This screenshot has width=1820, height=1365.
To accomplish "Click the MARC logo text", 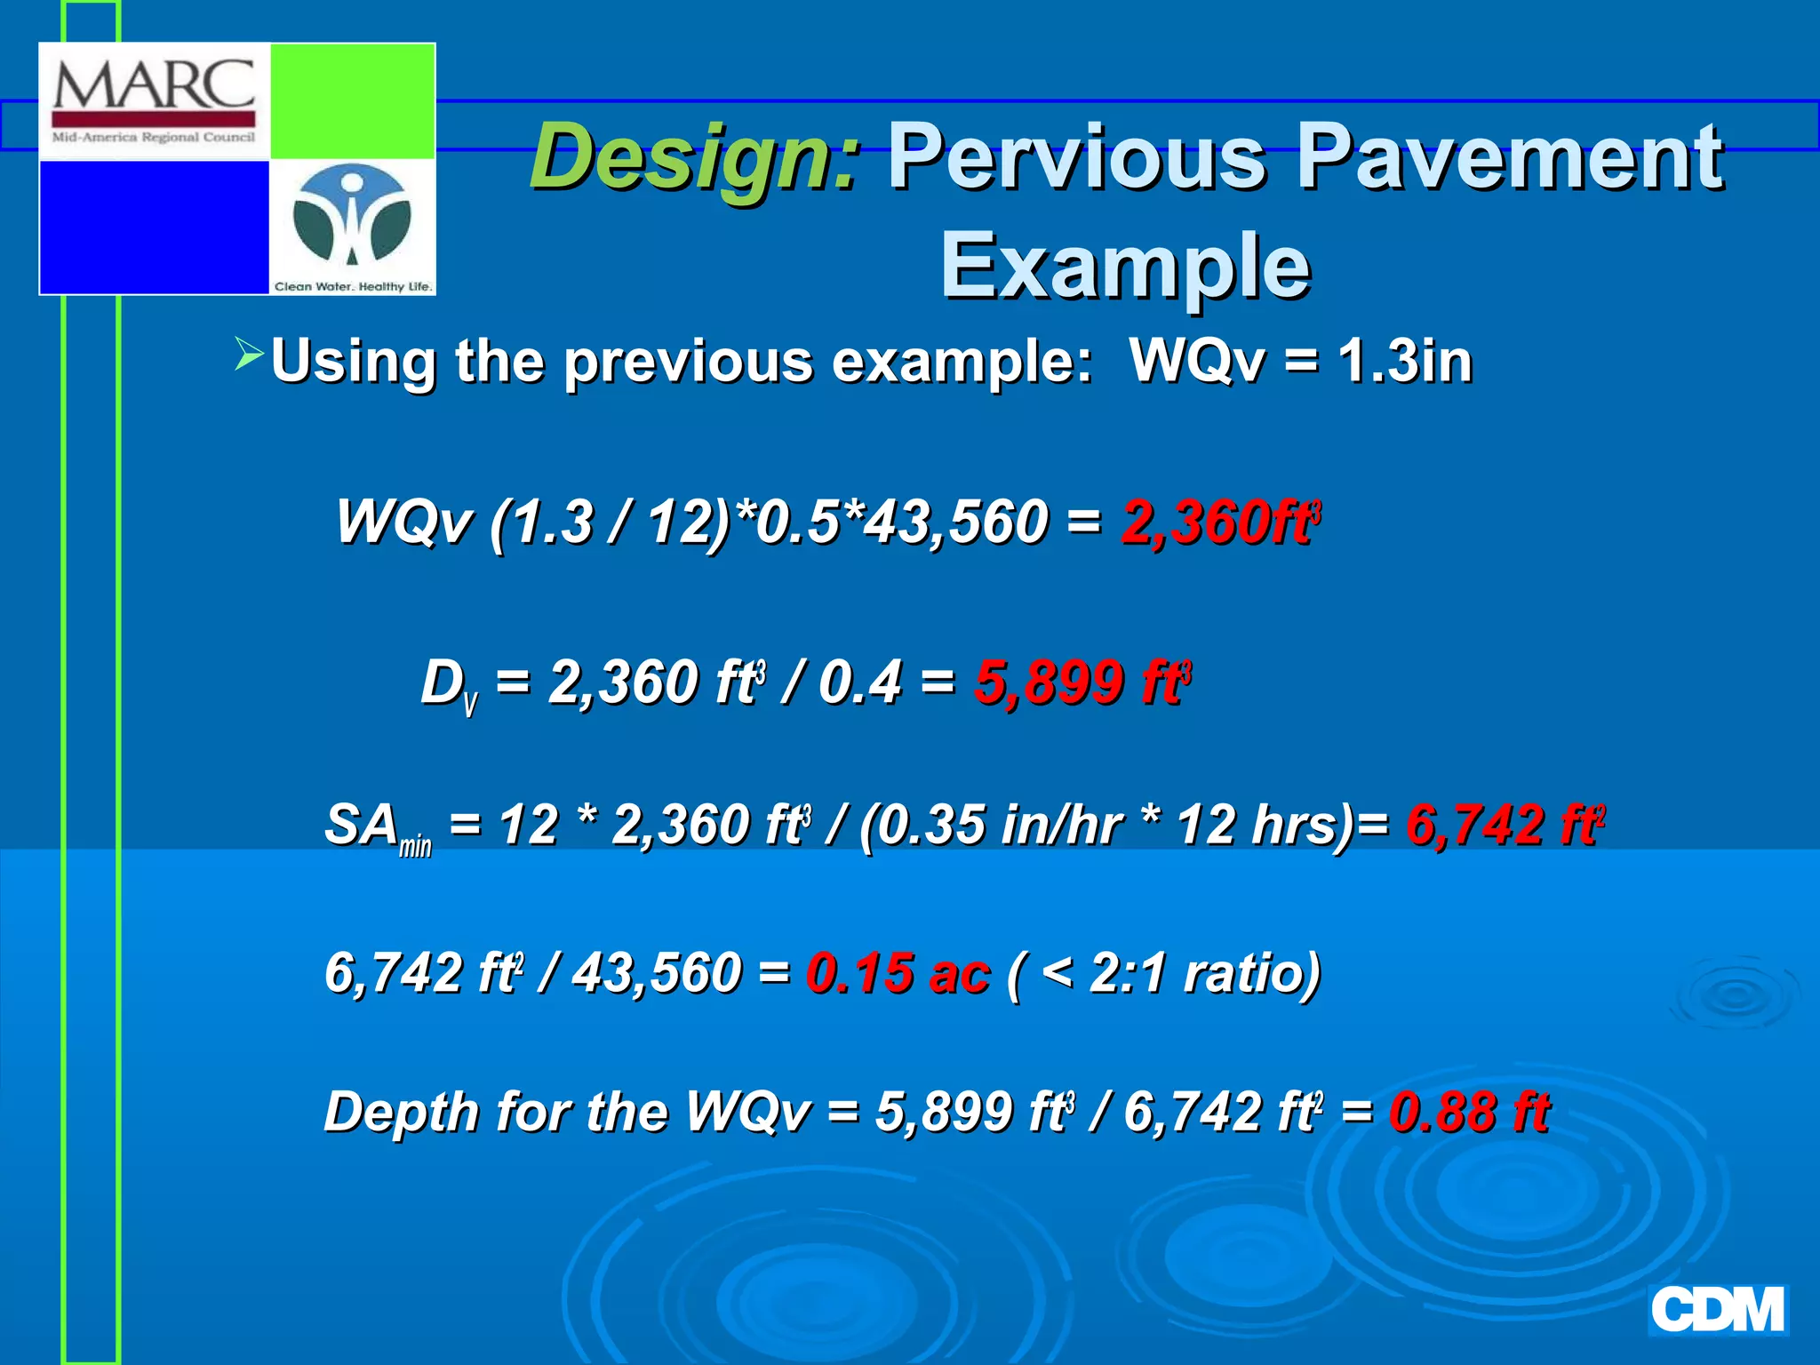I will pyautogui.click(x=154, y=86).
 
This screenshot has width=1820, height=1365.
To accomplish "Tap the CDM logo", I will pyautogui.click(x=1717, y=1311).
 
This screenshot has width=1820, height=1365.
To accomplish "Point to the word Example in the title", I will pyautogui.click(x=1125, y=265).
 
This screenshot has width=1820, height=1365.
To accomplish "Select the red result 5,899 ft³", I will pyautogui.click(x=1082, y=682).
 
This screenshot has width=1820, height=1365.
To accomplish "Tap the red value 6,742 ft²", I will pyautogui.click(x=1505, y=824).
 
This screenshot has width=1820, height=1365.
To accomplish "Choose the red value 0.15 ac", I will pyautogui.click(x=898, y=972).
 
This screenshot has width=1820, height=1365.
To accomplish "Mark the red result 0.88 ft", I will pyautogui.click(x=1470, y=1112).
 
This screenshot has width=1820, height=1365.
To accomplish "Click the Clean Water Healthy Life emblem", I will pyautogui.click(x=353, y=227).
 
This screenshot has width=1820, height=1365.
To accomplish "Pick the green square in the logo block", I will pyautogui.click(x=352, y=100).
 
